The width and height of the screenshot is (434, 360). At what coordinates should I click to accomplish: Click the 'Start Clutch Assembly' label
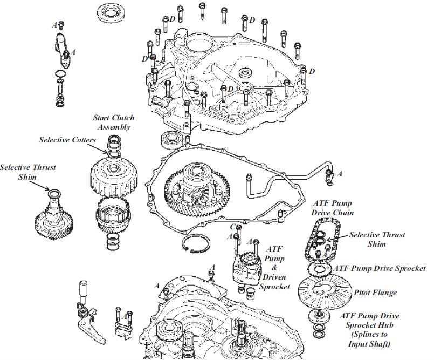114,122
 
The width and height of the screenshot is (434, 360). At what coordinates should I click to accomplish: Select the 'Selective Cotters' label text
67,140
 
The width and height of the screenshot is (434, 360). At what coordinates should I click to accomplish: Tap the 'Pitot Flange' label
375,293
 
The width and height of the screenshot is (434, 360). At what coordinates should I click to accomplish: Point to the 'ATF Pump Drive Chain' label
333,208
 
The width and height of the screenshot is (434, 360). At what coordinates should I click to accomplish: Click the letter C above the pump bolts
232,227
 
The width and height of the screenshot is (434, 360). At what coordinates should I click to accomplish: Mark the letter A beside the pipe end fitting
340,174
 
